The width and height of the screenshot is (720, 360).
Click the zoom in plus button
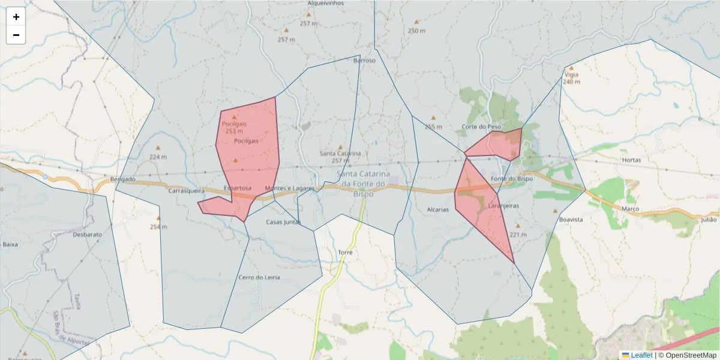click(x=16, y=17)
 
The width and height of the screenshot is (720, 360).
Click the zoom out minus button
click(x=16, y=35)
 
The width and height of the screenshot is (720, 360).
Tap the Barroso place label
click(x=364, y=60)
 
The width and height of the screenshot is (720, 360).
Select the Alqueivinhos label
click(x=325, y=3)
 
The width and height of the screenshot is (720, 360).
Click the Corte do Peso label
click(x=481, y=127)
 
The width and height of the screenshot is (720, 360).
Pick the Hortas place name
click(x=632, y=160)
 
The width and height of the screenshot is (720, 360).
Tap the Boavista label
click(x=571, y=220)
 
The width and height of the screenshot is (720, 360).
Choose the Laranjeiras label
click(x=503, y=206)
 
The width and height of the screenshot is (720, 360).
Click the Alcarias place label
click(x=438, y=210)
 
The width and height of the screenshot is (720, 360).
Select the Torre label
click(x=345, y=253)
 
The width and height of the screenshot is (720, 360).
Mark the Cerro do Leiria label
click(x=259, y=277)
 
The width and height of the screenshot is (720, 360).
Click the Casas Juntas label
click(x=283, y=222)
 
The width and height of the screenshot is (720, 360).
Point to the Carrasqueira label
click(x=187, y=191)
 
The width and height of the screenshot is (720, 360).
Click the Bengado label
click(x=123, y=179)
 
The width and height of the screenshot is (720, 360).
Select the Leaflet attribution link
click(x=641, y=355)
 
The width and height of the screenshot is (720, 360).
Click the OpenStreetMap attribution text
click(x=688, y=355)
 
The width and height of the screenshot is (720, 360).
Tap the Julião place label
click(x=709, y=220)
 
